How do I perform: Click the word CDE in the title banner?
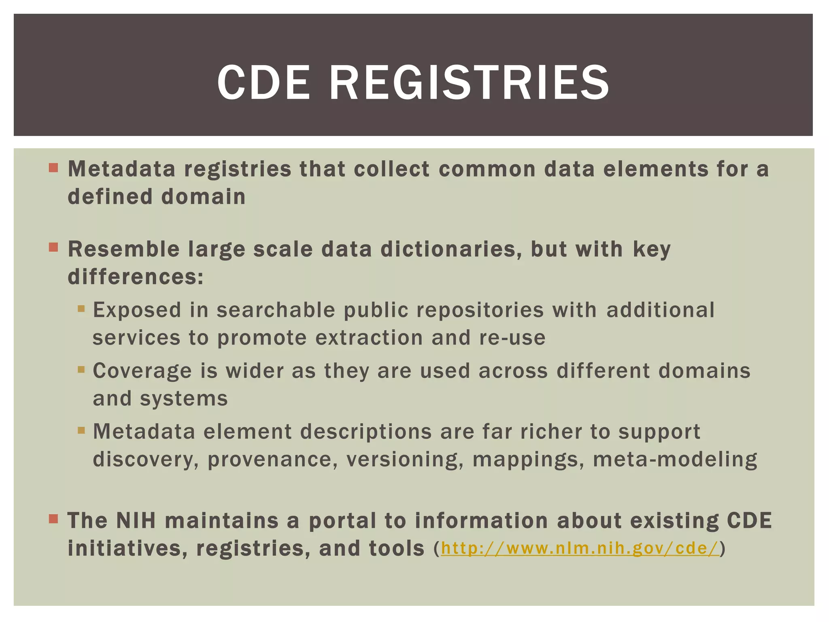tap(264, 83)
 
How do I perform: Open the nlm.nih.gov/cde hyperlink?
tap(580, 548)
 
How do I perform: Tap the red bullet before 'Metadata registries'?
tap(53, 168)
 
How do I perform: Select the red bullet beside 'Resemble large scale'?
tap(53, 247)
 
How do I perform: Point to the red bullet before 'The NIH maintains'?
tap(53, 519)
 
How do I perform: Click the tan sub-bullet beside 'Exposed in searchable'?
tap(81, 309)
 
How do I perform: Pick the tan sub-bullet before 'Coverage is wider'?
tap(81, 369)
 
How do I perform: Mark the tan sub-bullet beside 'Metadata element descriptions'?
tap(81, 430)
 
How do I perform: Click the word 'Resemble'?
tap(123, 249)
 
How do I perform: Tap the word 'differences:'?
tap(136, 277)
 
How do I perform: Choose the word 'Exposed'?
tap(137, 311)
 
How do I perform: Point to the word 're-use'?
tap(512, 338)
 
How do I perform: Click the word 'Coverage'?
tap(142, 371)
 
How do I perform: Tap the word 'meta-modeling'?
tap(675, 460)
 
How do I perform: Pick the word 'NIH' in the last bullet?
tap(136, 521)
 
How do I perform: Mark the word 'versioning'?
tap(405, 460)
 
